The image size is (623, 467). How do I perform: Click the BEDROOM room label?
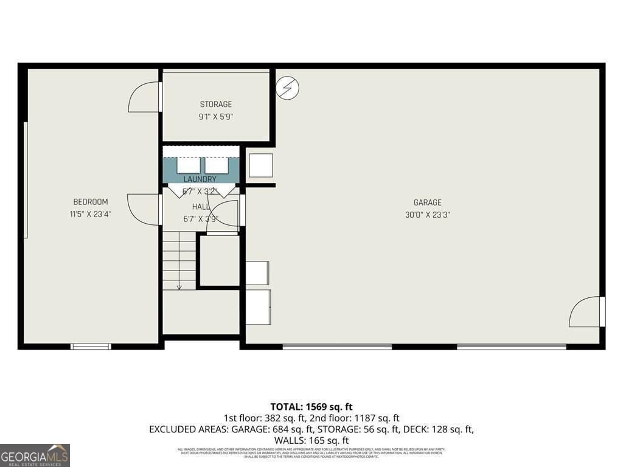pos(91,202)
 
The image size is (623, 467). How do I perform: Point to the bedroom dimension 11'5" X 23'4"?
pos(91,214)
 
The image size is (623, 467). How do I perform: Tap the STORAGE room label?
pos(216,105)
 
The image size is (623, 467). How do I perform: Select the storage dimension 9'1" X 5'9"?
pos(216,117)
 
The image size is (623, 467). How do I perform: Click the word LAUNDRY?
pos(200,179)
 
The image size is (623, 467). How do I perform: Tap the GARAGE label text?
pos(428,202)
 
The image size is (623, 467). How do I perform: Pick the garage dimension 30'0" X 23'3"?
pos(428,215)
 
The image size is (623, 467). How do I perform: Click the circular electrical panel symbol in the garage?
pos(288,88)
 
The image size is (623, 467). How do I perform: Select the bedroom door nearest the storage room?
pos(145,97)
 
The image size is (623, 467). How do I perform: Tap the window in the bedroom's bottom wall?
pos(91,347)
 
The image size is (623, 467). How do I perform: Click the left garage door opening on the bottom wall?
pos(337,347)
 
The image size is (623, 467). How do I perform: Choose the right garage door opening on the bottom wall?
pos(511,347)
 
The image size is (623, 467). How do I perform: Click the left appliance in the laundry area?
pos(188,165)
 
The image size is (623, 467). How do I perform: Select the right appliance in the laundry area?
pos(216,165)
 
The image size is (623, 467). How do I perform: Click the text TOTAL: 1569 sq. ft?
pos(311,407)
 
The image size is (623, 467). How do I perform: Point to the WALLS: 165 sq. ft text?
pos(311,440)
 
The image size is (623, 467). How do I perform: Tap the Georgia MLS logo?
pos(35,455)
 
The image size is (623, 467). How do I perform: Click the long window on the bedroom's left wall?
pos(26,180)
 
